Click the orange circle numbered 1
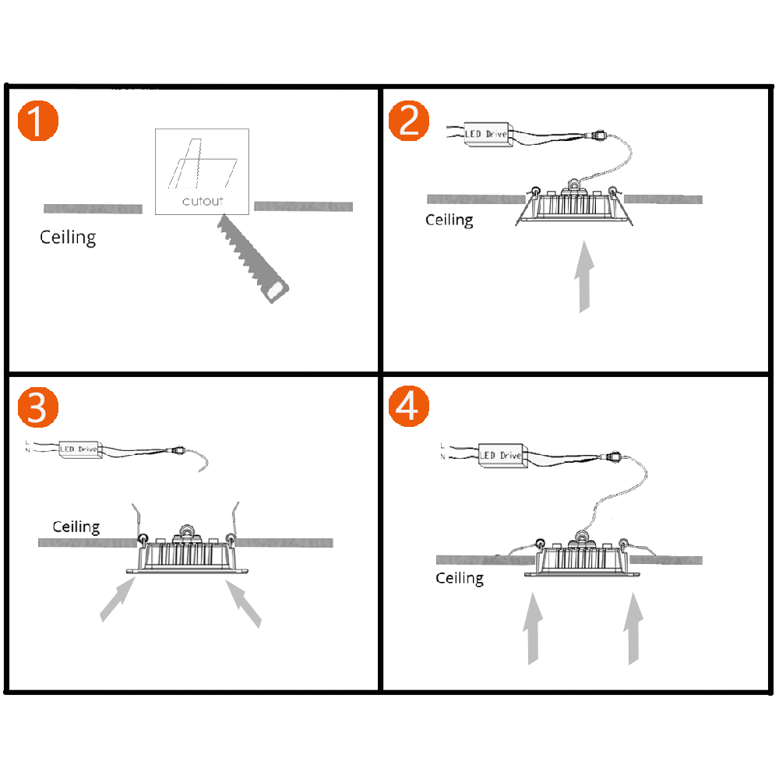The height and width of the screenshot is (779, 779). click(x=37, y=121)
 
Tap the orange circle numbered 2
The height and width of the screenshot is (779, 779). click(x=409, y=121)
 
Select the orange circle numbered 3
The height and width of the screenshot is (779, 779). click(x=37, y=407)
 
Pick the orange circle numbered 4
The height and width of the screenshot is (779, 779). click(x=409, y=407)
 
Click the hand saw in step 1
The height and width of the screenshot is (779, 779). click(x=251, y=256)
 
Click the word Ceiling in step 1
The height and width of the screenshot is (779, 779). click(x=68, y=237)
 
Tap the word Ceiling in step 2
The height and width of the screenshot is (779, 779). click(x=449, y=220)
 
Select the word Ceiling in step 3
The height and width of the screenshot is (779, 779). click(x=76, y=527)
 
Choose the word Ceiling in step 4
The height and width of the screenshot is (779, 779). click(x=460, y=578)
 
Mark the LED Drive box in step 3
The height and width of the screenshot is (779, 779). click(x=79, y=449)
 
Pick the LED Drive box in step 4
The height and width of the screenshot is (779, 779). click(x=500, y=455)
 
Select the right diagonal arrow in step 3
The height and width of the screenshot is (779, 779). click(x=244, y=603)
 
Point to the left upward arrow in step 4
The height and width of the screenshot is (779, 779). click(x=531, y=627)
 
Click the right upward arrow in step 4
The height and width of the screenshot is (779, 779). click(x=633, y=627)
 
